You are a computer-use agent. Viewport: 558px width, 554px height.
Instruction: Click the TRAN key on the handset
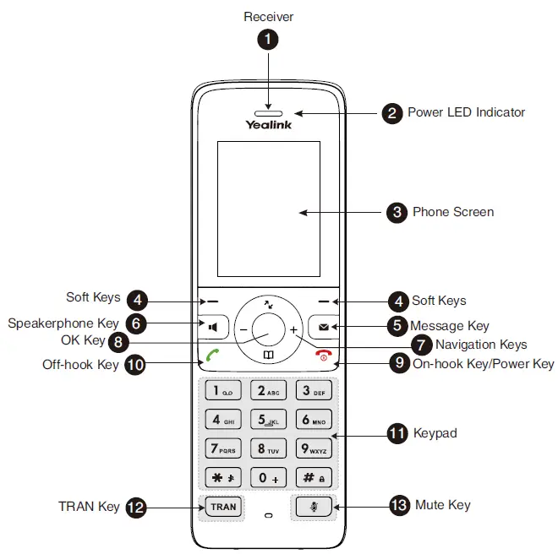click(x=223, y=507)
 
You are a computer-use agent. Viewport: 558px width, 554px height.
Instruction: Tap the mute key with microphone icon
click(x=314, y=507)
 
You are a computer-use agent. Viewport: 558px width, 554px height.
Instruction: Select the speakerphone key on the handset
click(x=214, y=326)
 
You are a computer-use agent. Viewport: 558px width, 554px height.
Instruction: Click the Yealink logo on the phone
click(x=268, y=125)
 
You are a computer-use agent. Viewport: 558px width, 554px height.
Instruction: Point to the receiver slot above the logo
click(x=268, y=111)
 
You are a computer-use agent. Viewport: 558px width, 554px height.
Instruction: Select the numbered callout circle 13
click(x=398, y=506)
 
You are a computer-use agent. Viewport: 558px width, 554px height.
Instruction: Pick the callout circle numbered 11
click(x=397, y=433)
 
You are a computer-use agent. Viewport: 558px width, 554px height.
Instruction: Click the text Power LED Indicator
click(x=466, y=112)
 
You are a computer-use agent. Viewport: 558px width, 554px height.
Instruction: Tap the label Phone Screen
click(x=452, y=212)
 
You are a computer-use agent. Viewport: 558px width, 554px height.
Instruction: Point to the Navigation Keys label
click(x=481, y=345)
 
